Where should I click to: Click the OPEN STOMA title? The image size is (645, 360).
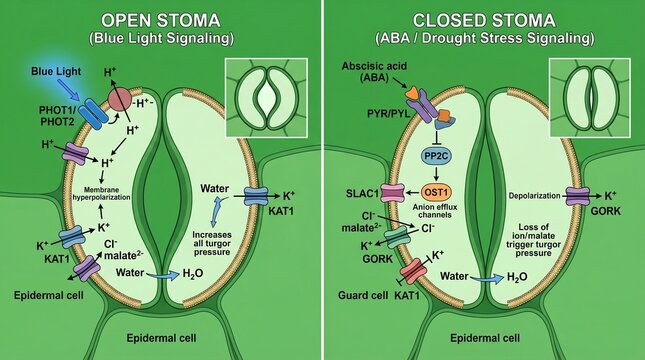[160, 21]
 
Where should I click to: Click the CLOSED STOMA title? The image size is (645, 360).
[483, 21]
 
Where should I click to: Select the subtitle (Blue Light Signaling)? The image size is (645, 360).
[160, 40]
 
